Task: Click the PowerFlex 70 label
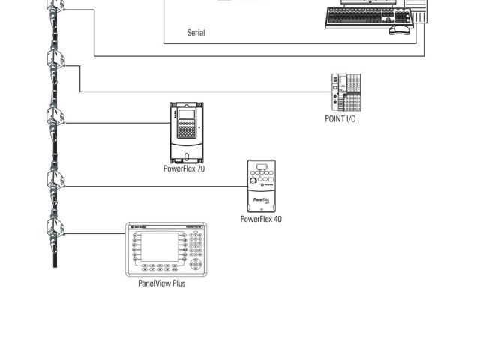(184, 169)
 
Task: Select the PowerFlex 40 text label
(261, 219)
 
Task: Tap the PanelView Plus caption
(161, 283)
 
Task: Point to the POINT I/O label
(340, 119)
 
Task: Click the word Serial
(196, 33)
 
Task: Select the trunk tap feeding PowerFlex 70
(55, 117)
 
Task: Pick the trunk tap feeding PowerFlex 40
(55, 181)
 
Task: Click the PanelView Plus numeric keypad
(196, 244)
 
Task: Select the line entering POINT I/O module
(225, 92)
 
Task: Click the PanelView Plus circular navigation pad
(196, 264)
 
